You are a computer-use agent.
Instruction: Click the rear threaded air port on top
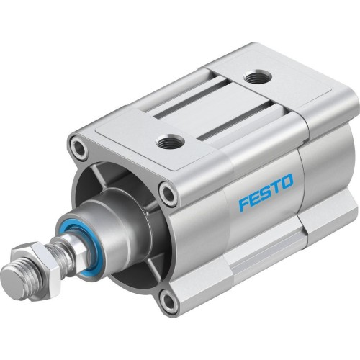[x=253, y=76]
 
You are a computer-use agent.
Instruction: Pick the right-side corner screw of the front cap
[x=168, y=193]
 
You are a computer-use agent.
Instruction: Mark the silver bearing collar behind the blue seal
[x=115, y=216]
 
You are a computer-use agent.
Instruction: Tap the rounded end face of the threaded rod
[x=10, y=278]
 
